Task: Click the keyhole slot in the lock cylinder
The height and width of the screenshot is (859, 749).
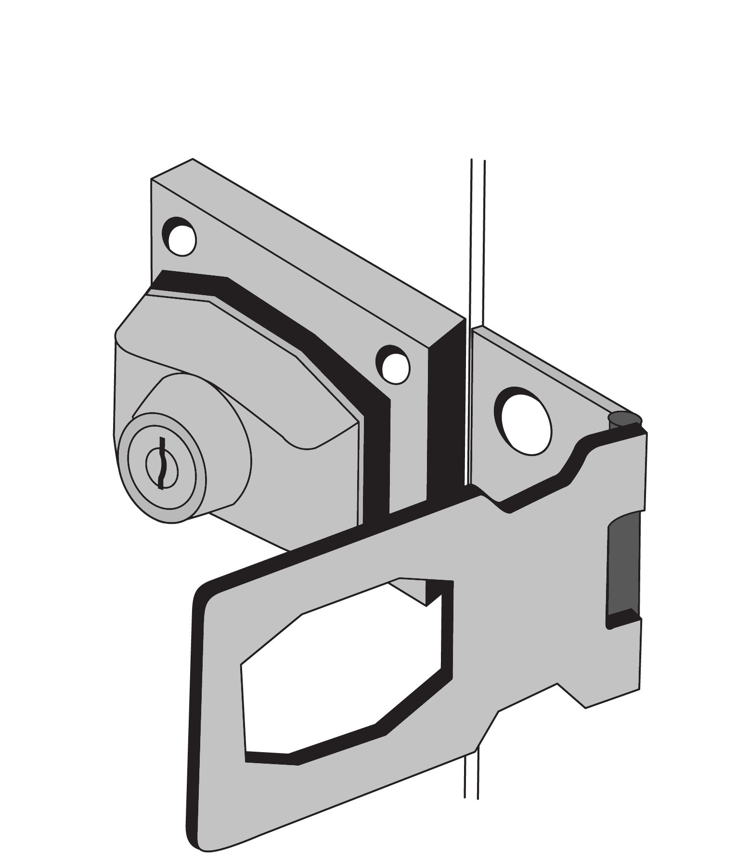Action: click(162, 463)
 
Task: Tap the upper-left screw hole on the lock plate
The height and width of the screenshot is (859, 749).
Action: click(180, 236)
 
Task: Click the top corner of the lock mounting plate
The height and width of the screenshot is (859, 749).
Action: click(193, 159)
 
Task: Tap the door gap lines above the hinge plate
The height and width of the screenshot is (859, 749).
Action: click(478, 241)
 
